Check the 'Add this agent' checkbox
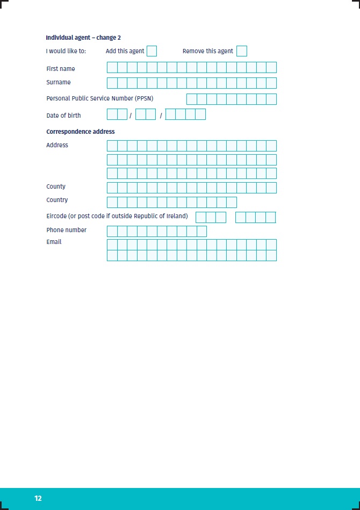(x=152, y=51)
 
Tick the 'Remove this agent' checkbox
(x=242, y=51)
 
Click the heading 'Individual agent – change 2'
(x=83, y=38)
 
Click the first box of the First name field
(x=112, y=67)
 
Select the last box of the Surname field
(x=271, y=83)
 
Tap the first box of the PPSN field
(x=191, y=99)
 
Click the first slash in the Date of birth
(x=131, y=116)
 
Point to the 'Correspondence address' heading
(x=81, y=132)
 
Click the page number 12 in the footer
(x=38, y=498)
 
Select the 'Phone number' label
(x=66, y=230)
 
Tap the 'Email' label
(x=54, y=242)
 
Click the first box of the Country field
(x=112, y=202)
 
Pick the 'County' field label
(x=56, y=186)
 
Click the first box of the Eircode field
(x=200, y=217)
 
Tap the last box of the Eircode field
(x=270, y=217)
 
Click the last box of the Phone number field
(x=201, y=231)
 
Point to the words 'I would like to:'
(x=66, y=51)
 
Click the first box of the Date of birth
(x=112, y=114)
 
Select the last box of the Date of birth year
(x=200, y=114)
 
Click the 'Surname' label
(x=59, y=82)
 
